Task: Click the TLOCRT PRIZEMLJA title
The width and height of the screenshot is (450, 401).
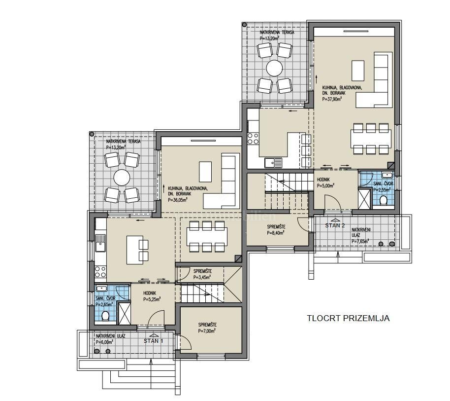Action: [348, 319]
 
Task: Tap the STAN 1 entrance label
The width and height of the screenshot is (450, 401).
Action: [153, 341]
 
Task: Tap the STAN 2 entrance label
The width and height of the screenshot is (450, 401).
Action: [335, 225]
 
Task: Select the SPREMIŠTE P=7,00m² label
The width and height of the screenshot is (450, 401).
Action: [207, 328]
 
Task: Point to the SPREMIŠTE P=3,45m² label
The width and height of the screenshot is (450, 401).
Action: [202, 274]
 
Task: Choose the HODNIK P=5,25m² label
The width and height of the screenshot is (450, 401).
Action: [152, 296]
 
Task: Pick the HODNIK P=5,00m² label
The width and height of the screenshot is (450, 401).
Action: [325, 183]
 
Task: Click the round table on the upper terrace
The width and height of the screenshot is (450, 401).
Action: [274, 68]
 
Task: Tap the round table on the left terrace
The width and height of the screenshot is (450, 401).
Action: [122, 178]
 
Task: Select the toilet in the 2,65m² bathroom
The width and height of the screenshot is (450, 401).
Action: [105, 316]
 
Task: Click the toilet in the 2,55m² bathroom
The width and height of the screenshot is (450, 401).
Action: [383, 200]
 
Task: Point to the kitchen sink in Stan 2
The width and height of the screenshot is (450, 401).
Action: [273, 163]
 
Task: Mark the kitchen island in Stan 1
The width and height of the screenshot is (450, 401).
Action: [135, 250]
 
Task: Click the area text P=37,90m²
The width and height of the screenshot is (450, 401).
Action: [332, 99]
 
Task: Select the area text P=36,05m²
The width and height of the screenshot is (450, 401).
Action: [178, 200]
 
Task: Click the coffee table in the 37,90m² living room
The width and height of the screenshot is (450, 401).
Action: [358, 71]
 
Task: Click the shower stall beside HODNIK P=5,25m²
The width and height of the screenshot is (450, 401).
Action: [124, 314]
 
